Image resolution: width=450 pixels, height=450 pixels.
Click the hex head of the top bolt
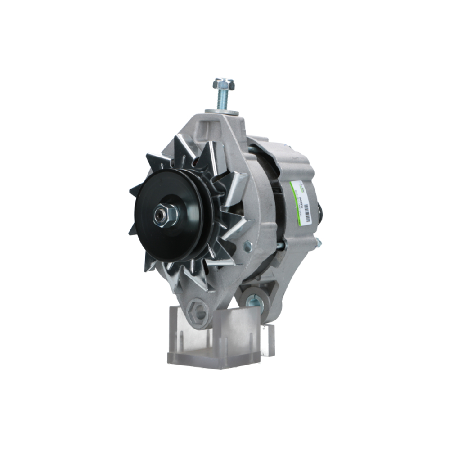pos(224,84)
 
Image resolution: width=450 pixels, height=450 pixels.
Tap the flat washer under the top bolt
pos(223,111)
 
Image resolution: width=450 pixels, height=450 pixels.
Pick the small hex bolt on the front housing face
pos(247,246)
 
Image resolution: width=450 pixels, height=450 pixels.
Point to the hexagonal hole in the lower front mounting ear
pos(198,311)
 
